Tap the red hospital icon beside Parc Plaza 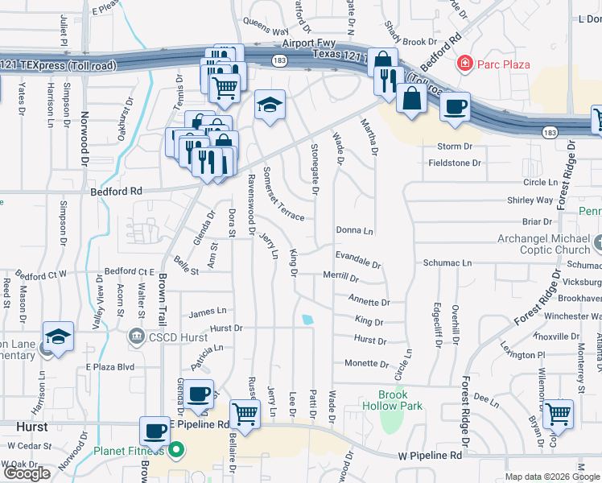point(464,63)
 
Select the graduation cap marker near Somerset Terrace point(270,105)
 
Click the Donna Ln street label point(355,231)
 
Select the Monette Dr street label point(367,364)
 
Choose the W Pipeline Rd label point(431,456)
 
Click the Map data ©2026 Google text point(551,477)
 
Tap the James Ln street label point(208,312)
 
